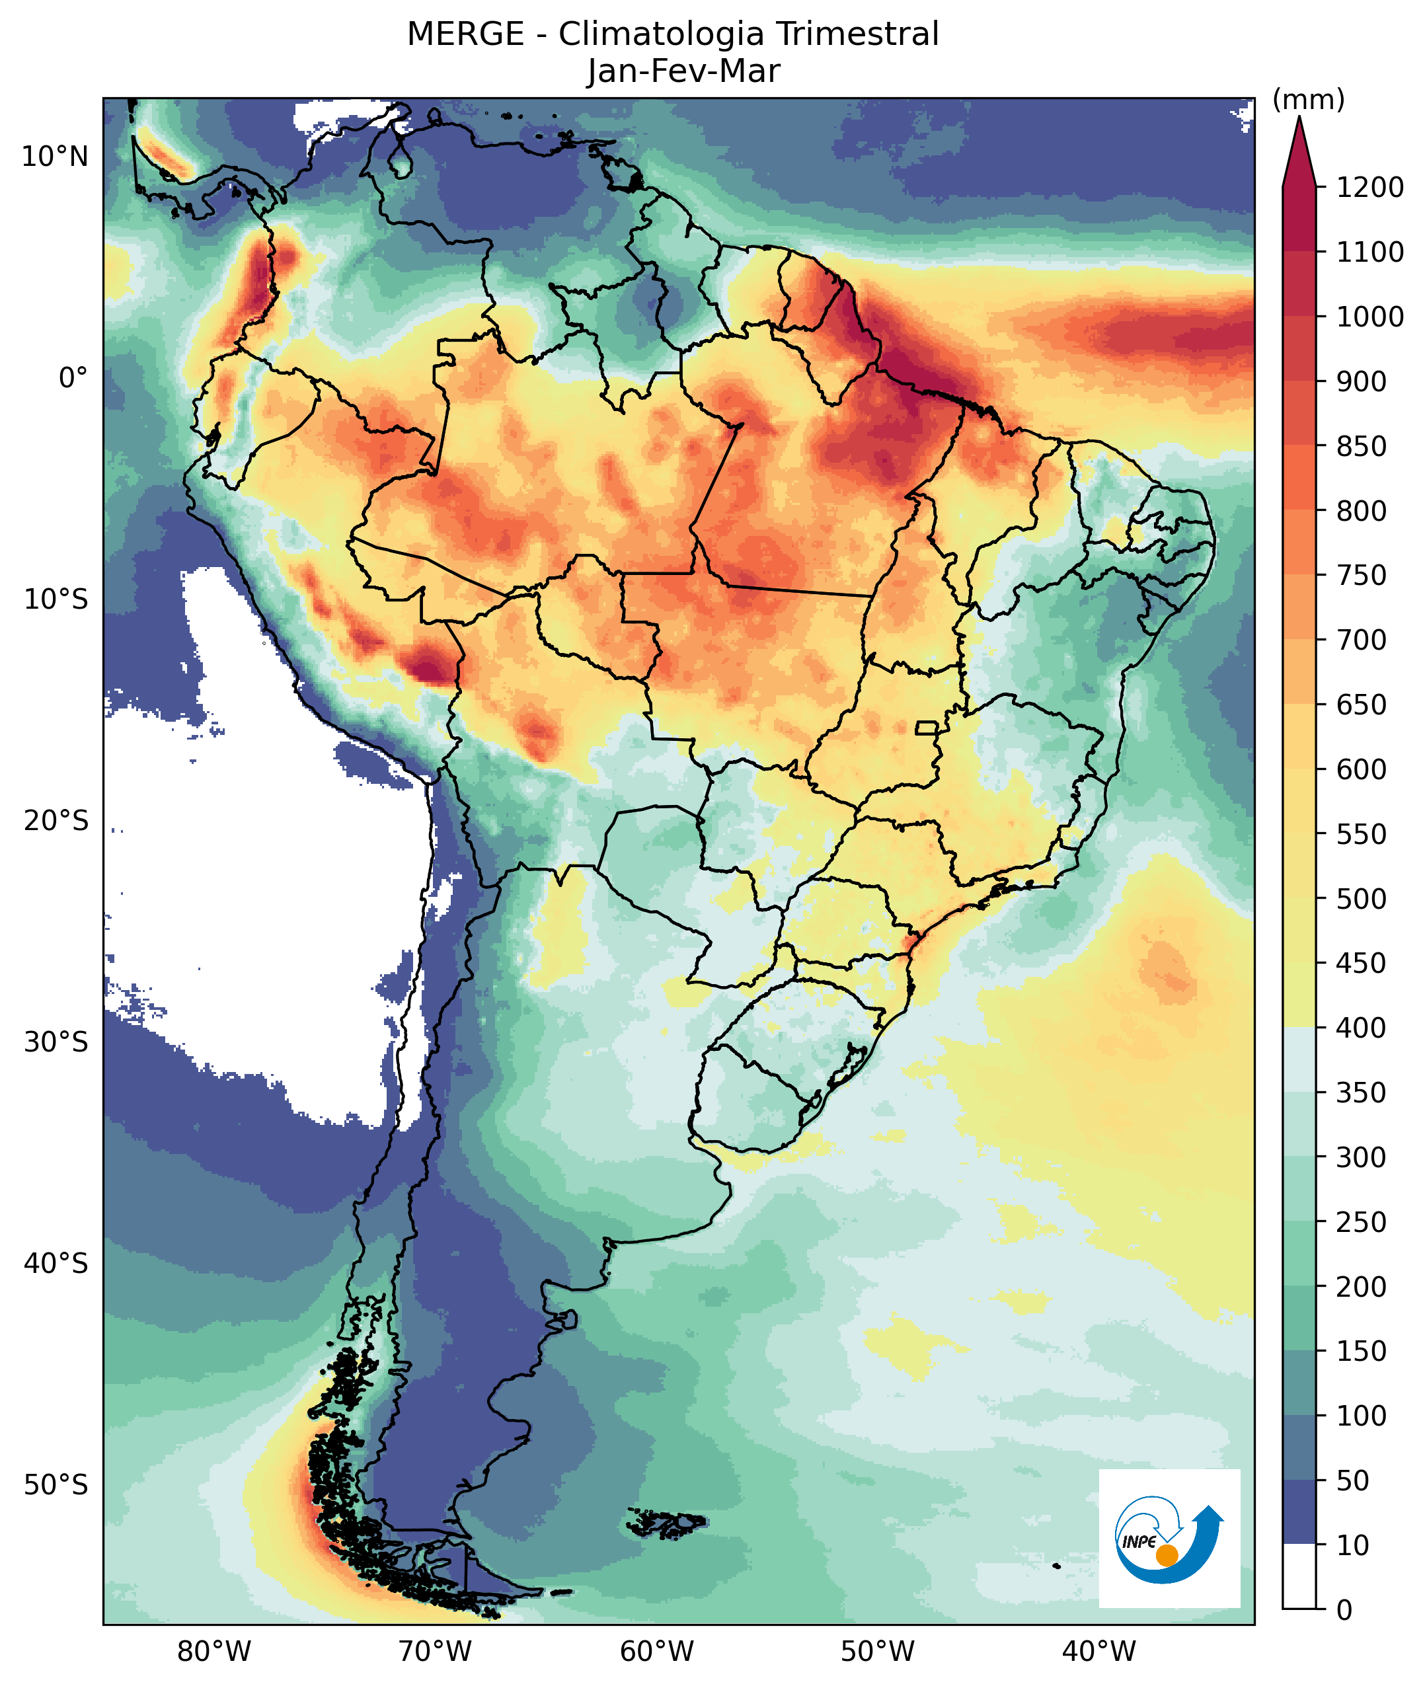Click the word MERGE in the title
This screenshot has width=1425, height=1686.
coord(465,35)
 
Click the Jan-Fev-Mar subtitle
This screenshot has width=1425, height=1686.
coord(683,71)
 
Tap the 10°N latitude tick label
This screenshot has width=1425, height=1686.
coord(55,156)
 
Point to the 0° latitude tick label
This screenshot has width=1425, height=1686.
coord(73,377)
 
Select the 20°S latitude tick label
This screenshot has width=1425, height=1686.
coord(55,821)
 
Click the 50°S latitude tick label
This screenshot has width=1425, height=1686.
coord(55,1485)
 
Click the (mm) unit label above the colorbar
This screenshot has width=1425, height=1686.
coord(1309,100)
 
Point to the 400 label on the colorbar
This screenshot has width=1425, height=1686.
coord(1361,1028)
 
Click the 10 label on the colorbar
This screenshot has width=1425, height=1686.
coord(1353,1545)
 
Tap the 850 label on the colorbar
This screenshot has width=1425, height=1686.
coord(1361,446)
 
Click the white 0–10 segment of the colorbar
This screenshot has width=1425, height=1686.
coord(1299,1577)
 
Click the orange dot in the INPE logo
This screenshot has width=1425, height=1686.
coord(1167,1555)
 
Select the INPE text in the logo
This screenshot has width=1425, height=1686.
coord(1139,1541)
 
